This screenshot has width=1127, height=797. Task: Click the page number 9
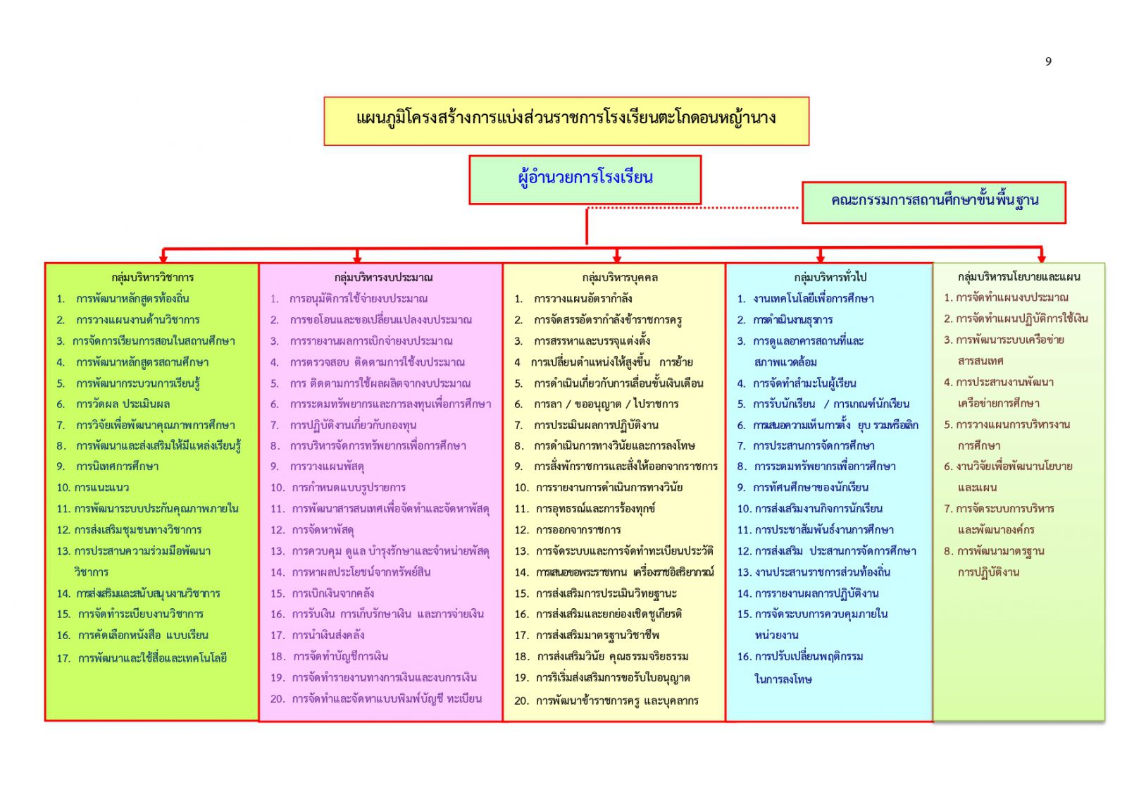pos(1048,61)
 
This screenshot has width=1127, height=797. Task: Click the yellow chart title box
pos(566,121)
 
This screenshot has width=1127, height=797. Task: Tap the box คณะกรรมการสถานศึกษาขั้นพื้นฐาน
pos(933,202)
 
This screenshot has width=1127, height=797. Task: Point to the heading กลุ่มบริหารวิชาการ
pos(152,277)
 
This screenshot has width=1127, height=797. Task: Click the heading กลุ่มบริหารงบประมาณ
pos(383,277)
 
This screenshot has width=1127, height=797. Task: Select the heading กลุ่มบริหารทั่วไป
pos(830,277)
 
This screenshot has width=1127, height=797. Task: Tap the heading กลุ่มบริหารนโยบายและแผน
pos(1019,277)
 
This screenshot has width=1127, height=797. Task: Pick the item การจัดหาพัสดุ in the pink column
pos(323,529)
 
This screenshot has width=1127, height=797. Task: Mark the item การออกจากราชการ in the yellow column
pos(578,529)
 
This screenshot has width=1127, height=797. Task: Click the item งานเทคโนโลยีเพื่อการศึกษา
pos(813,298)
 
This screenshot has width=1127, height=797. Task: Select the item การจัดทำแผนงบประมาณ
pos(1011,297)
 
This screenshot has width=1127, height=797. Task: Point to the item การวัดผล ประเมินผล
pos(123,404)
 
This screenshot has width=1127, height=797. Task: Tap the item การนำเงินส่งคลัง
pos(328,635)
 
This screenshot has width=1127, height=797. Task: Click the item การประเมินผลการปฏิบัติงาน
pos(596,425)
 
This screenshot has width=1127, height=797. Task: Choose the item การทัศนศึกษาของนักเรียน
pos(810,487)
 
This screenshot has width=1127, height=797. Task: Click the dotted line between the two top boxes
pos(693,208)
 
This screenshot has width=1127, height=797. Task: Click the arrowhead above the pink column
pos(357,258)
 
